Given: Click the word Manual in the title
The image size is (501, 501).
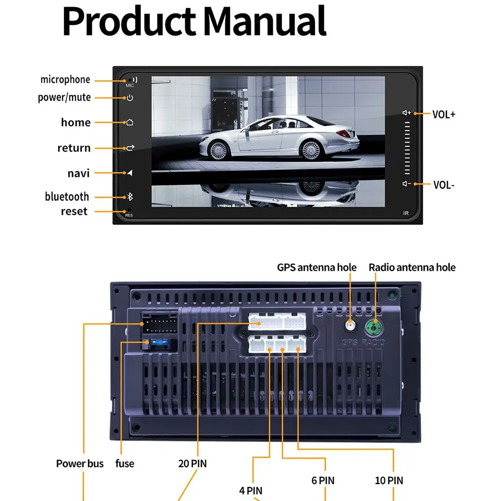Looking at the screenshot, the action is click(x=265, y=22).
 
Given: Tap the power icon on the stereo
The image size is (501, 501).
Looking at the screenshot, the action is click(x=130, y=98).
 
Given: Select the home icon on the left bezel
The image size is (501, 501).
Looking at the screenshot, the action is click(x=130, y=122).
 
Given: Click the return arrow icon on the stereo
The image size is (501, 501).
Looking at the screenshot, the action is click(x=130, y=148).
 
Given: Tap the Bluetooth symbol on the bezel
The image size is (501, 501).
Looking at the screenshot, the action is click(x=130, y=197).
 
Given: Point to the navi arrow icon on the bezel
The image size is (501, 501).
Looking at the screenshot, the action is click(x=130, y=173).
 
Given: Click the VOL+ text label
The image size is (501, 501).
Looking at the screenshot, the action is click(x=443, y=115).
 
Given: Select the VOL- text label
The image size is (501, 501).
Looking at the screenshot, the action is click(x=443, y=185).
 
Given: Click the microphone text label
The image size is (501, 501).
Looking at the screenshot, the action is click(x=65, y=80).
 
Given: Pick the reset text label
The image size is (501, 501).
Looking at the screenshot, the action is click(x=74, y=211).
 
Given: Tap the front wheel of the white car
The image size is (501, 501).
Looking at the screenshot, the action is click(x=219, y=150).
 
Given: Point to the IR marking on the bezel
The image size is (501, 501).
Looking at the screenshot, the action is click(x=406, y=213).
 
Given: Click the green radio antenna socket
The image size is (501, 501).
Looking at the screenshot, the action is click(x=374, y=327).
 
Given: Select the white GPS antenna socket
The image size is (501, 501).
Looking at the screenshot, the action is click(x=350, y=326).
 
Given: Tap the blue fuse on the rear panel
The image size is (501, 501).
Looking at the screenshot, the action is click(x=160, y=343).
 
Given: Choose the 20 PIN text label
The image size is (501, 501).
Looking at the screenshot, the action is click(x=192, y=463).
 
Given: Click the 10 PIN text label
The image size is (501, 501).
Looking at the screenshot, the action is click(x=389, y=480).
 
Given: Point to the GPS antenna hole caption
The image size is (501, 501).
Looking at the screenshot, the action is click(x=317, y=267).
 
